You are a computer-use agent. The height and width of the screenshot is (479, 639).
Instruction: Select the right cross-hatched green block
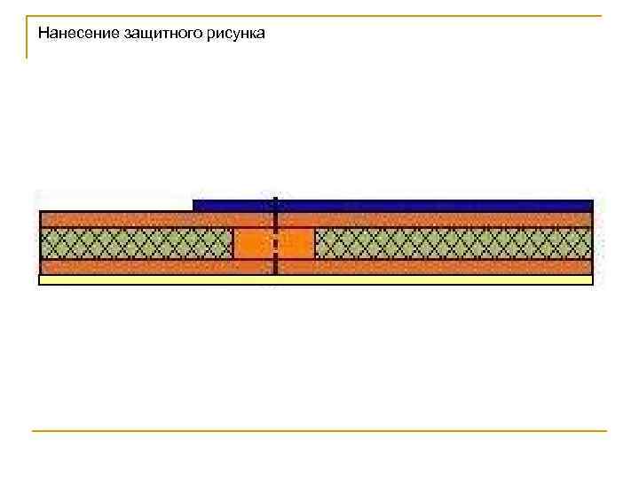pyautogui.click(x=453, y=243)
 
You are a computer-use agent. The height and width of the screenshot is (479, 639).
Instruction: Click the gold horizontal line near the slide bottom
pyautogui.click(x=319, y=431)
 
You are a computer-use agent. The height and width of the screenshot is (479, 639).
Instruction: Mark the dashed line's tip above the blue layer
pyautogui.click(x=276, y=198)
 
